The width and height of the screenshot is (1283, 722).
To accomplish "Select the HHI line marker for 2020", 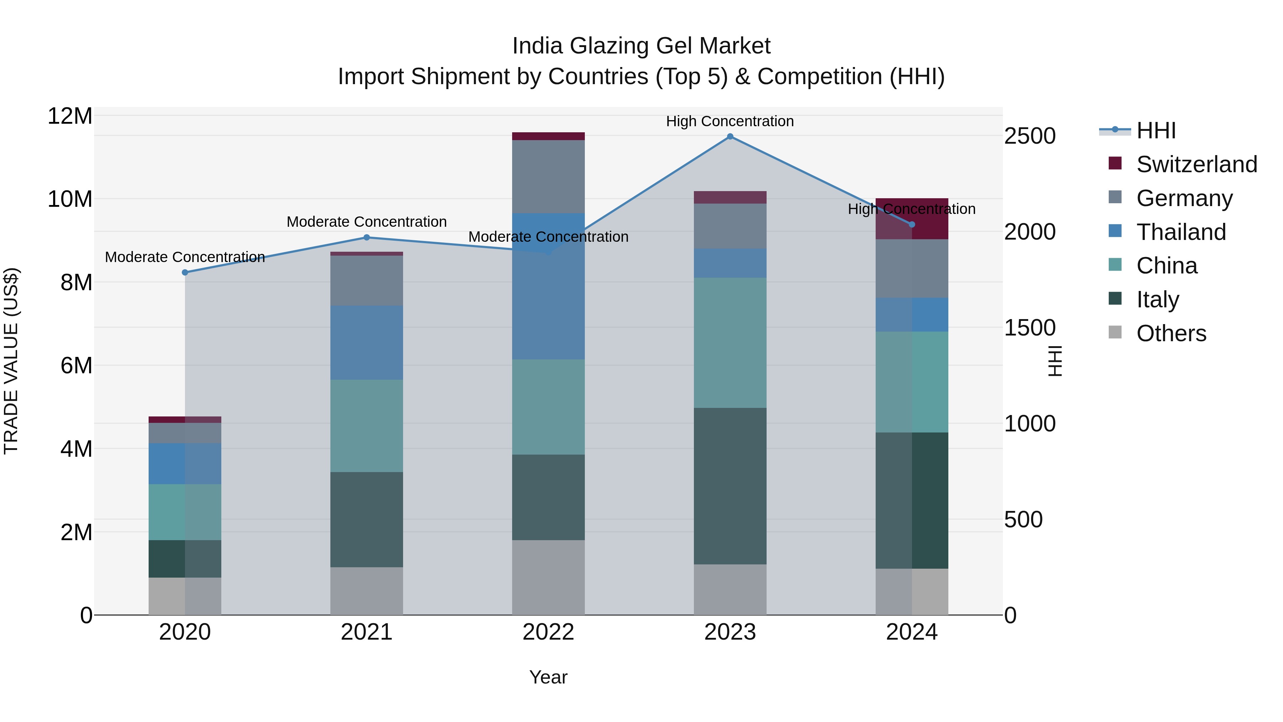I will click(x=185, y=272).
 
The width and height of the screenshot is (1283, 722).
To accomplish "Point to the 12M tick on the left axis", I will click(x=70, y=116).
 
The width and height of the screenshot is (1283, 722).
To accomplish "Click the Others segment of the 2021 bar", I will click(x=367, y=591).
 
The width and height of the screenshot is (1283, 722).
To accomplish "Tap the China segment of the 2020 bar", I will click(x=185, y=512).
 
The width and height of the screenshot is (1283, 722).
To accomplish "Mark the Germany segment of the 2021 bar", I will click(x=367, y=281).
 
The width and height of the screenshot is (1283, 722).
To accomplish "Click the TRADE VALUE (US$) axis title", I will click(x=11, y=361).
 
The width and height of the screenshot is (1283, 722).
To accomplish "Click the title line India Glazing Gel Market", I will click(x=641, y=46).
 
